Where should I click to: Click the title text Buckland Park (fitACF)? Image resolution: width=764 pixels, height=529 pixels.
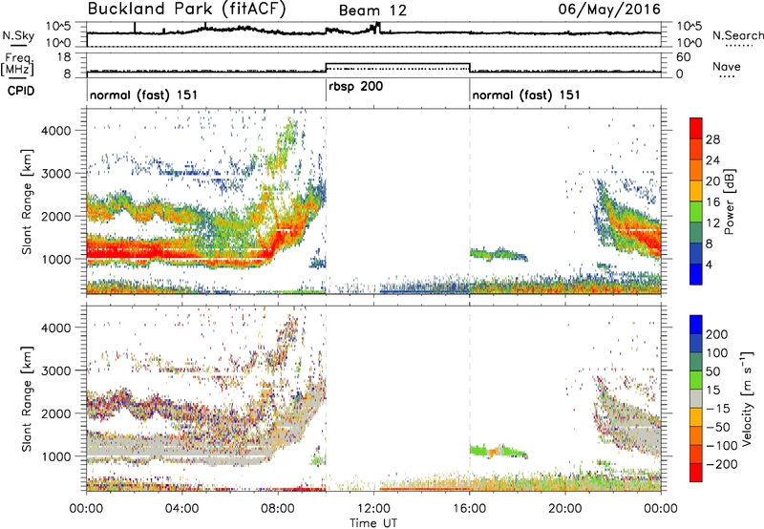tap(186, 10)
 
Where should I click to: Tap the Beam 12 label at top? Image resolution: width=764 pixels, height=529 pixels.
tap(372, 11)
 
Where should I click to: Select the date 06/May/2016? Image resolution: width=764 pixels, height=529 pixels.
tap(609, 10)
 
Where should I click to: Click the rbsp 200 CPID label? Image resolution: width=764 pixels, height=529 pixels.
tap(355, 87)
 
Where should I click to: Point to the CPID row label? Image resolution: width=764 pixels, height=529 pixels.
tap(21, 91)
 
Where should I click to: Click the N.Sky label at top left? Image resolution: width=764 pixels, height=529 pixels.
tap(18, 35)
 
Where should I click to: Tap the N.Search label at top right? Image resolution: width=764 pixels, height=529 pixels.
tap(737, 35)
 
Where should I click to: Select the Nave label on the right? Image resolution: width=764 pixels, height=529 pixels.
tap(727, 66)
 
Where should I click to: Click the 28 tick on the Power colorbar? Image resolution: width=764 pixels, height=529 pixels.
tap(712, 139)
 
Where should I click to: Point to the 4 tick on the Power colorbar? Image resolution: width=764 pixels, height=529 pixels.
tap(709, 265)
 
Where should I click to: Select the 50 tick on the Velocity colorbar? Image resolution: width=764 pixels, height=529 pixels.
tap(712, 371)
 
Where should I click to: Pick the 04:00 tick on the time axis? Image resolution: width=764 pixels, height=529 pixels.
tap(182, 509)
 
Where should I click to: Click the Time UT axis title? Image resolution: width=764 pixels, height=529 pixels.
tap(373, 523)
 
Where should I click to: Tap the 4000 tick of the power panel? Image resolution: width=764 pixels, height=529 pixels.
tap(56, 131)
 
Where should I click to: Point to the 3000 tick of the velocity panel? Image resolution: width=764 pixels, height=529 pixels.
tap(56, 370)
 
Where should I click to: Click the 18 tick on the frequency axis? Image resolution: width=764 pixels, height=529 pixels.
tap(64, 57)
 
